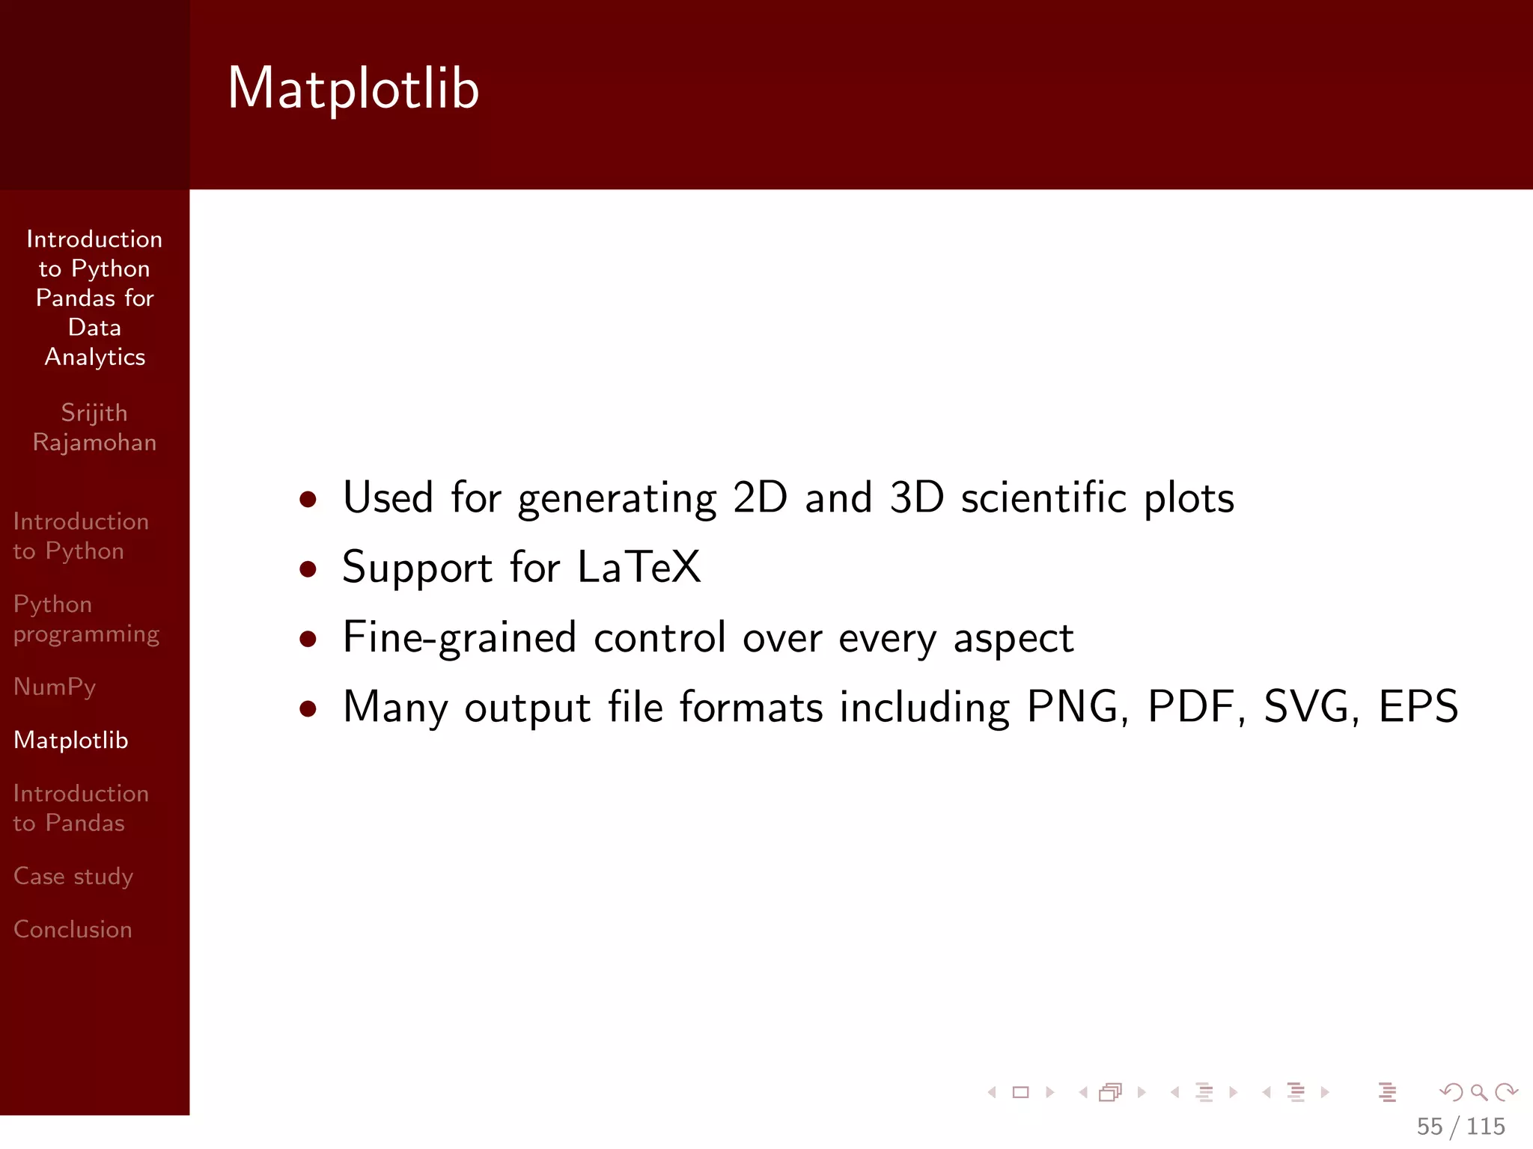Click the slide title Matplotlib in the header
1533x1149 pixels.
pos(353,88)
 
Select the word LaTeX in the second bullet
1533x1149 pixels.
pos(639,567)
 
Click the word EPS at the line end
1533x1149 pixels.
pos(1418,706)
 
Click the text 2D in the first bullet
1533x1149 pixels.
pos(760,497)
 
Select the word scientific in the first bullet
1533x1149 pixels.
pos(1043,497)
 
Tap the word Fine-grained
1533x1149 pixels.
pos(460,637)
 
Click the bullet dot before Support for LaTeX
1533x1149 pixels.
pos(308,569)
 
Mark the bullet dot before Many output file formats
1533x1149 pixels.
pos(308,708)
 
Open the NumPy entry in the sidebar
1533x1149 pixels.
pos(55,687)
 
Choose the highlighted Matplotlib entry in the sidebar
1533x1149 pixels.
pos(71,740)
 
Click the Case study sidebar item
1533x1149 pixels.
pos(73,876)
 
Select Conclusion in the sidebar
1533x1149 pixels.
pos(73,929)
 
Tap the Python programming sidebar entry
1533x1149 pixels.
pos(86,619)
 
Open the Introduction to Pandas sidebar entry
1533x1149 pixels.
pos(81,808)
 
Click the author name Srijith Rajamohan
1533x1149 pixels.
pos(94,427)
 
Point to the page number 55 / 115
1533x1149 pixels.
pos(1460,1127)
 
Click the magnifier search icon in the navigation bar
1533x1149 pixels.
pos(1478,1093)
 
